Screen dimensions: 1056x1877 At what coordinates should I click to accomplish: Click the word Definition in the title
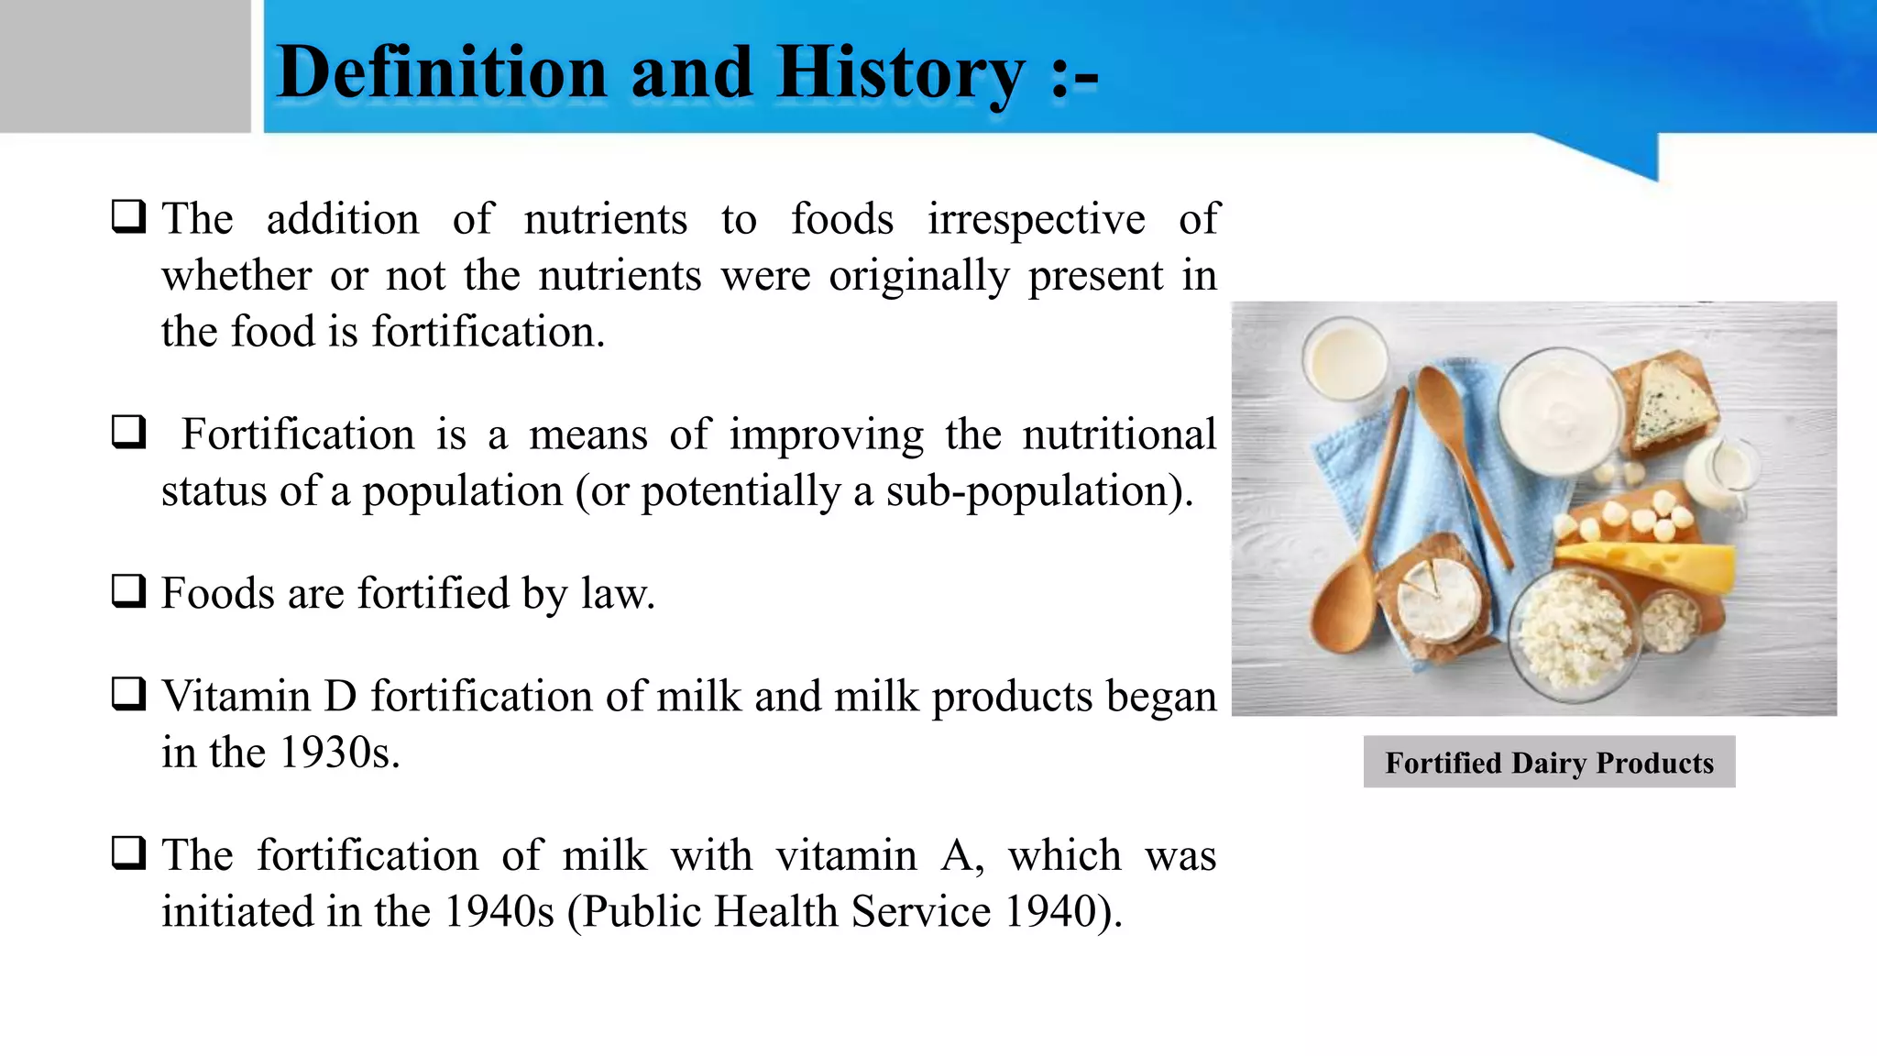[x=443, y=73]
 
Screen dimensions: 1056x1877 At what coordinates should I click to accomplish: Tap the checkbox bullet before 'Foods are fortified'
[x=128, y=591]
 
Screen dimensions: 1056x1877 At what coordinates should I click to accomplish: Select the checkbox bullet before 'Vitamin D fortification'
[x=128, y=694]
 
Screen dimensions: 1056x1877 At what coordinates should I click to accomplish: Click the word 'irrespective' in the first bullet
[x=1036, y=220]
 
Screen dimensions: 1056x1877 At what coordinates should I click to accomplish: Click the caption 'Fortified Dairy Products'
[x=1549, y=763]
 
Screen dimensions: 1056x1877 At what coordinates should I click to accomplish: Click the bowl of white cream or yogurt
[x=1558, y=410]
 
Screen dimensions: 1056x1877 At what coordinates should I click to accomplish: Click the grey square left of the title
[x=125, y=66]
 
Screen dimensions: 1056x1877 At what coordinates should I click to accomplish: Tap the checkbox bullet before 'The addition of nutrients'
[x=128, y=217]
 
